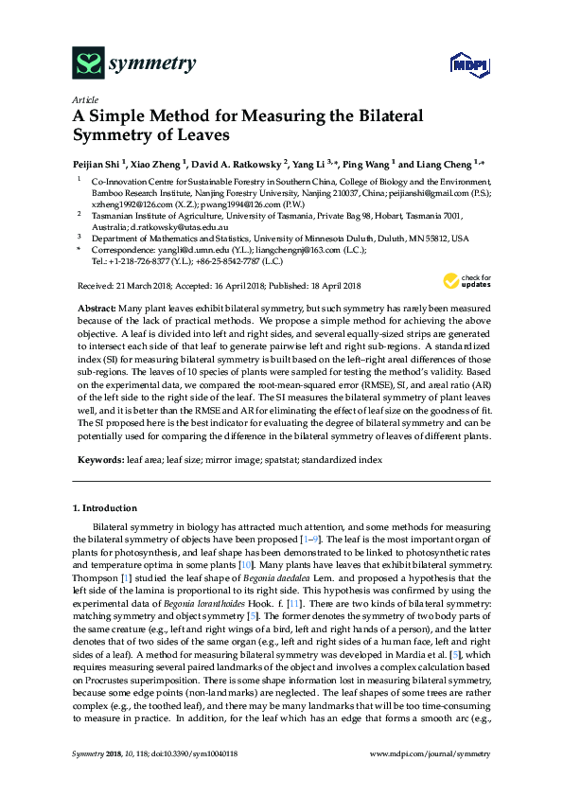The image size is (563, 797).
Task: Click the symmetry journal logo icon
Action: tap(89, 64)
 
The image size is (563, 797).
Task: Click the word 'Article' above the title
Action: tap(85, 99)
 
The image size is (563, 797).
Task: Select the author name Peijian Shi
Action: tap(97, 162)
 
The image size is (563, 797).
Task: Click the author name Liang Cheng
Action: tap(452, 162)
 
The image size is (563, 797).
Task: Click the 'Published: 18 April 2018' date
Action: tap(316, 285)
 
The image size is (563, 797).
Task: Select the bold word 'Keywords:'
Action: tap(99, 458)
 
